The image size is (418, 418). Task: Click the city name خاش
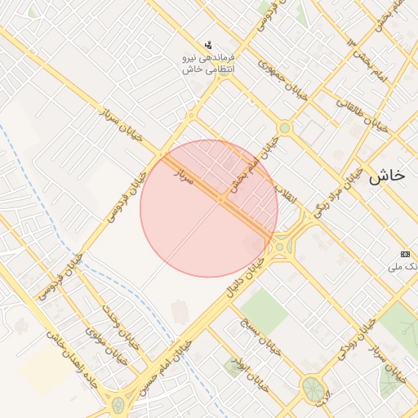(x=387, y=175)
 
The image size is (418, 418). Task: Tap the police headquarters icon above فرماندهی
(x=210, y=45)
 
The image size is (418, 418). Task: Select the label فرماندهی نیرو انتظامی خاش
(x=210, y=64)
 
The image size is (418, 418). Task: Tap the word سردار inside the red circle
(x=185, y=176)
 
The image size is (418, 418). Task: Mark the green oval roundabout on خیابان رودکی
(x=312, y=388)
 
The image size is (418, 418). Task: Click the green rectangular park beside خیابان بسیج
(x=265, y=306)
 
